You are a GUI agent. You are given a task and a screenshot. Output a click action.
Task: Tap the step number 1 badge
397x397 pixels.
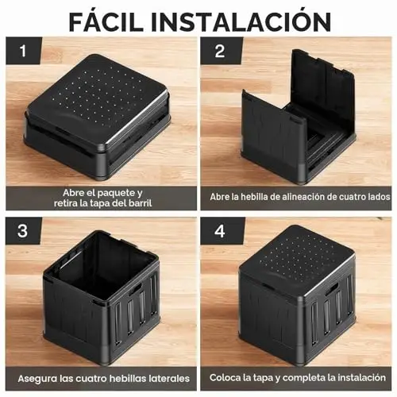[24, 50]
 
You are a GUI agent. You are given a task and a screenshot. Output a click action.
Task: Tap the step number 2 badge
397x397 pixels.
[220, 51]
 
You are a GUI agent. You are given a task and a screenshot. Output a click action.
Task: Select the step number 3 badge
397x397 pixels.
[23, 231]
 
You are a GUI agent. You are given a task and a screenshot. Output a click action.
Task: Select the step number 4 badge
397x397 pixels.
[220, 231]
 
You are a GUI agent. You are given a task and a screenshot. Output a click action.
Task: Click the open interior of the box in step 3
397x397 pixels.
[103, 262]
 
